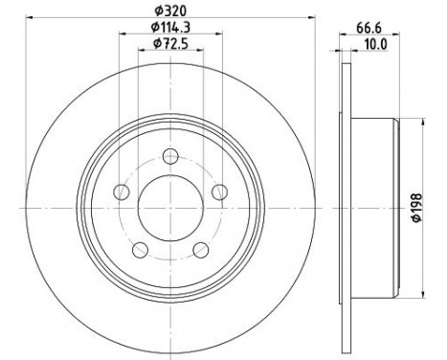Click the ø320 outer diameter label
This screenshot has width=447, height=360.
[169, 11]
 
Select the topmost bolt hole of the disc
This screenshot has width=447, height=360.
[169, 158]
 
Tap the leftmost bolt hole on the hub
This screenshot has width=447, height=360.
[122, 193]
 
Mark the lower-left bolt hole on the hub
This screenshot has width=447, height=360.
[140, 250]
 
